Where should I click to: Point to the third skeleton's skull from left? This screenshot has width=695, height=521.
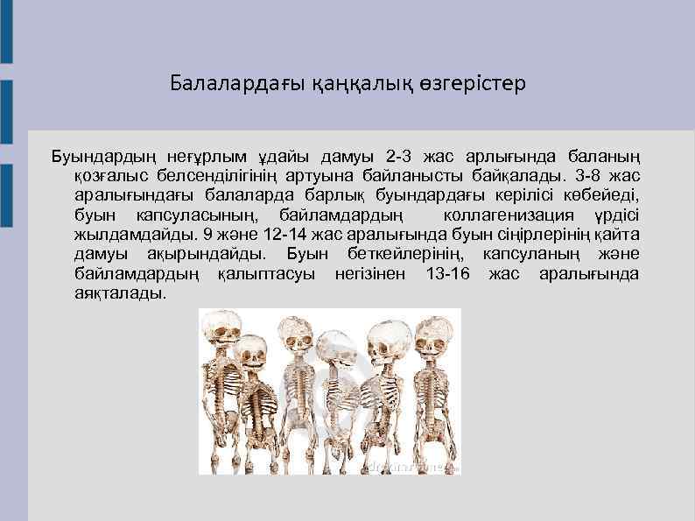pyautogui.click(x=296, y=336)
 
